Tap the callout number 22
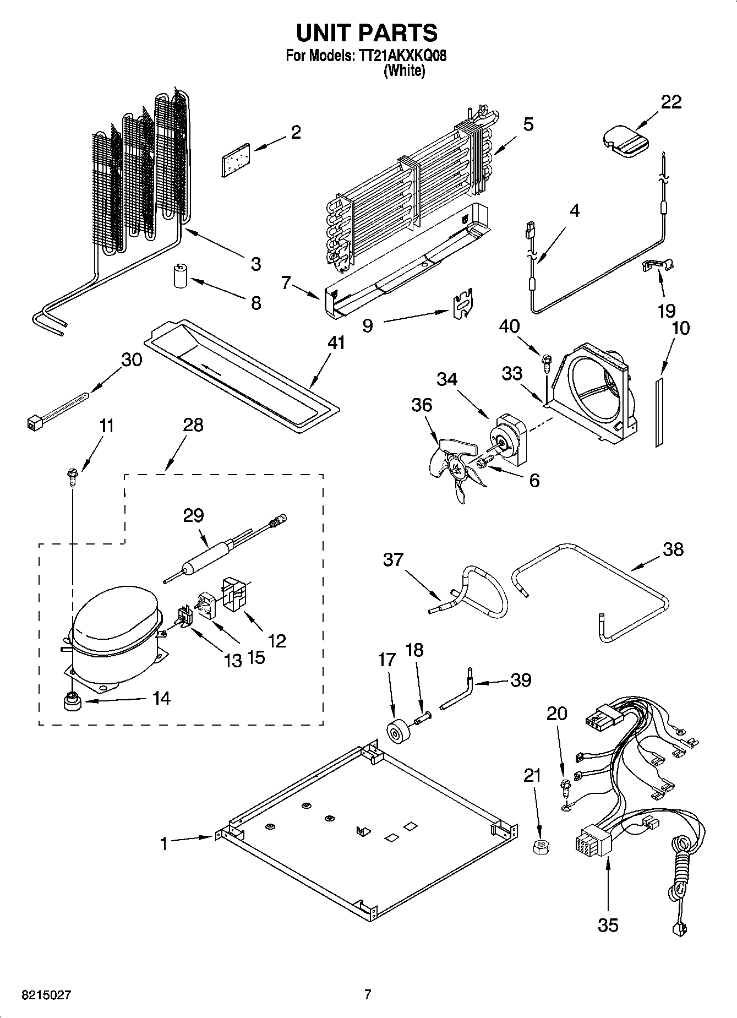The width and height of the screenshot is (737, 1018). [x=670, y=102]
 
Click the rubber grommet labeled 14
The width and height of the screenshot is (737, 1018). [x=72, y=703]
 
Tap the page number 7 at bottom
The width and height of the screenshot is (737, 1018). [x=368, y=994]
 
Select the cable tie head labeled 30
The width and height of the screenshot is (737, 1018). [x=35, y=423]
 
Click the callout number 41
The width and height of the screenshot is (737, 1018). [x=336, y=342]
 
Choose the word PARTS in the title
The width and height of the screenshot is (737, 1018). [x=398, y=32]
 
